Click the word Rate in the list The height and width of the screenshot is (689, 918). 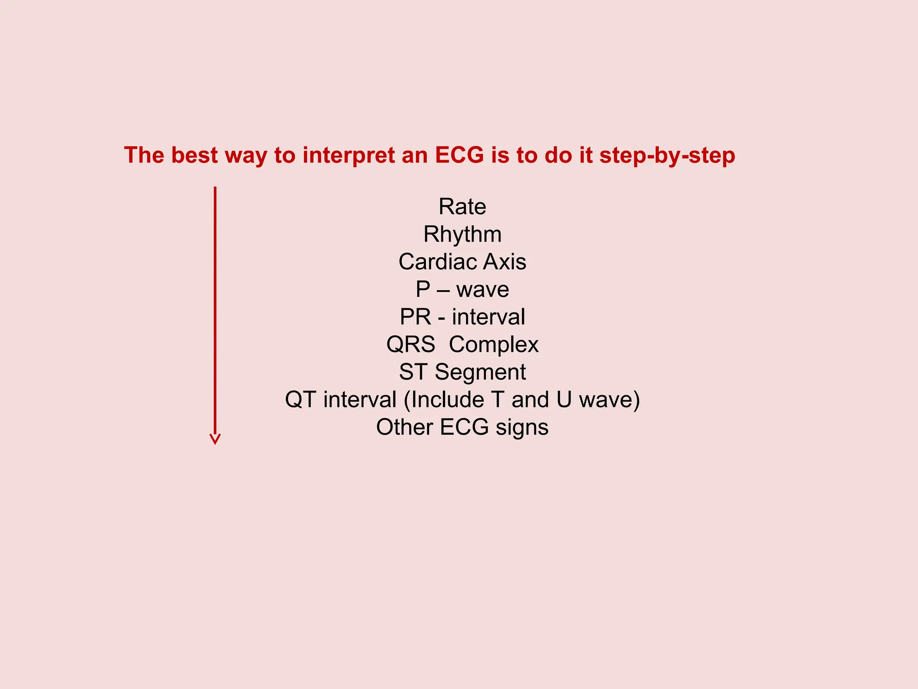click(x=462, y=207)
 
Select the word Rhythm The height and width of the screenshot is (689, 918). click(x=462, y=235)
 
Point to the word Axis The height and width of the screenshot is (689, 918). click(x=505, y=262)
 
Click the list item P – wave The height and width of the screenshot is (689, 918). click(x=462, y=289)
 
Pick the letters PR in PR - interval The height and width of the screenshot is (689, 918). click(x=416, y=317)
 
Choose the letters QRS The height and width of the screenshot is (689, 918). click(x=411, y=344)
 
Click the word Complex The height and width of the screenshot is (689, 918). click(x=494, y=344)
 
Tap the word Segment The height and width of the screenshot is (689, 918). click(x=480, y=372)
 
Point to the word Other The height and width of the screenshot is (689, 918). click(x=404, y=427)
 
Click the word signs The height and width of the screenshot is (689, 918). click(x=522, y=427)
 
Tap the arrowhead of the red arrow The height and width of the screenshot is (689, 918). click(x=215, y=439)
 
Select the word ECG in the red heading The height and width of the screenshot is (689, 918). click(x=459, y=155)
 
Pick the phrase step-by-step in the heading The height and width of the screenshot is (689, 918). click(x=667, y=156)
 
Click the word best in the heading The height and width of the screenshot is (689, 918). click(x=194, y=155)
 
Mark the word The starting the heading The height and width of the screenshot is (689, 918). click(x=144, y=155)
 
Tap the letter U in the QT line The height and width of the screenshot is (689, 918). click(x=564, y=400)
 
